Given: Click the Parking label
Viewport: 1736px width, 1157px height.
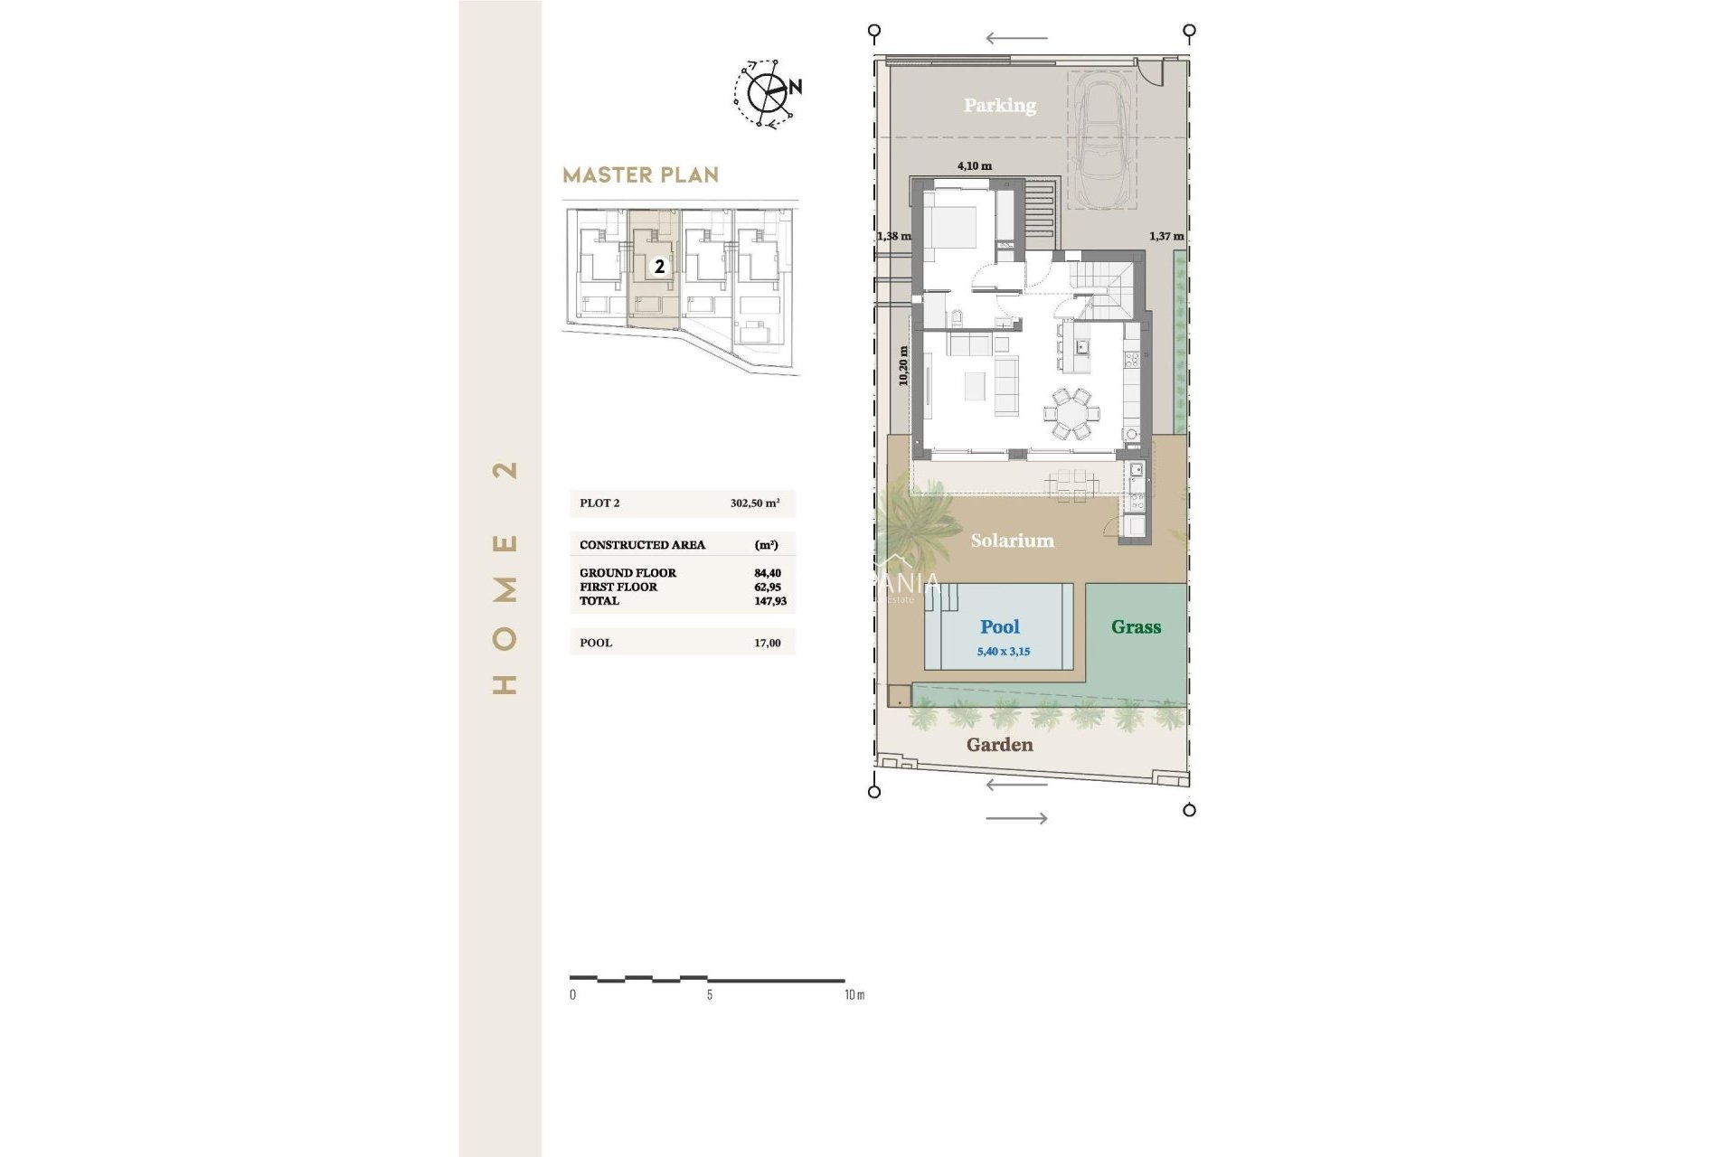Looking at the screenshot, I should [999, 105].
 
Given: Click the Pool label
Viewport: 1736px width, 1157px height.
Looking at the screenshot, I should [999, 626].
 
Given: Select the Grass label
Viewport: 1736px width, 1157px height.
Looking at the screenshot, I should [1136, 626].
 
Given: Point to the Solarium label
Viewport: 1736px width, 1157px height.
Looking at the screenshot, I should [1012, 541].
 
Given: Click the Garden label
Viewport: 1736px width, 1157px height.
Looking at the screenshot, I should [999, 745].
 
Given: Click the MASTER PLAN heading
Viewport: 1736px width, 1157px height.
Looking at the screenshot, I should [640, 175].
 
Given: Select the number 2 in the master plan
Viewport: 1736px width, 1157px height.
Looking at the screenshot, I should [660, 267].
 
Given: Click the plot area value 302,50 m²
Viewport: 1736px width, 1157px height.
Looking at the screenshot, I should [755, 503].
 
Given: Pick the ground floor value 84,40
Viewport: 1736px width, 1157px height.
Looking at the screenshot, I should [768, 573].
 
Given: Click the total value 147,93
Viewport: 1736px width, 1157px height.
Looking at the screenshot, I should [770, 601].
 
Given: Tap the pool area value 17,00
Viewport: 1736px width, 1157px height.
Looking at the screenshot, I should [768, 643].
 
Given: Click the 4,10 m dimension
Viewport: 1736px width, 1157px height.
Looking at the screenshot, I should [974, 166].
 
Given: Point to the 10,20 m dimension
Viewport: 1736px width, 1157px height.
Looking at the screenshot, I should [903, 366].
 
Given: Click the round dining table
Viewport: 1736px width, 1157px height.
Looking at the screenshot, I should [1072, 414].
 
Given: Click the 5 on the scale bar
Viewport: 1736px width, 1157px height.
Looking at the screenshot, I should [709, 994].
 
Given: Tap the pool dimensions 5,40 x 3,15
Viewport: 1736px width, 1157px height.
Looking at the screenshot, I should [1003, 652].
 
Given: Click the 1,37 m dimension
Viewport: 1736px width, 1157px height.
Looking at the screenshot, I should [1165, 236].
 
